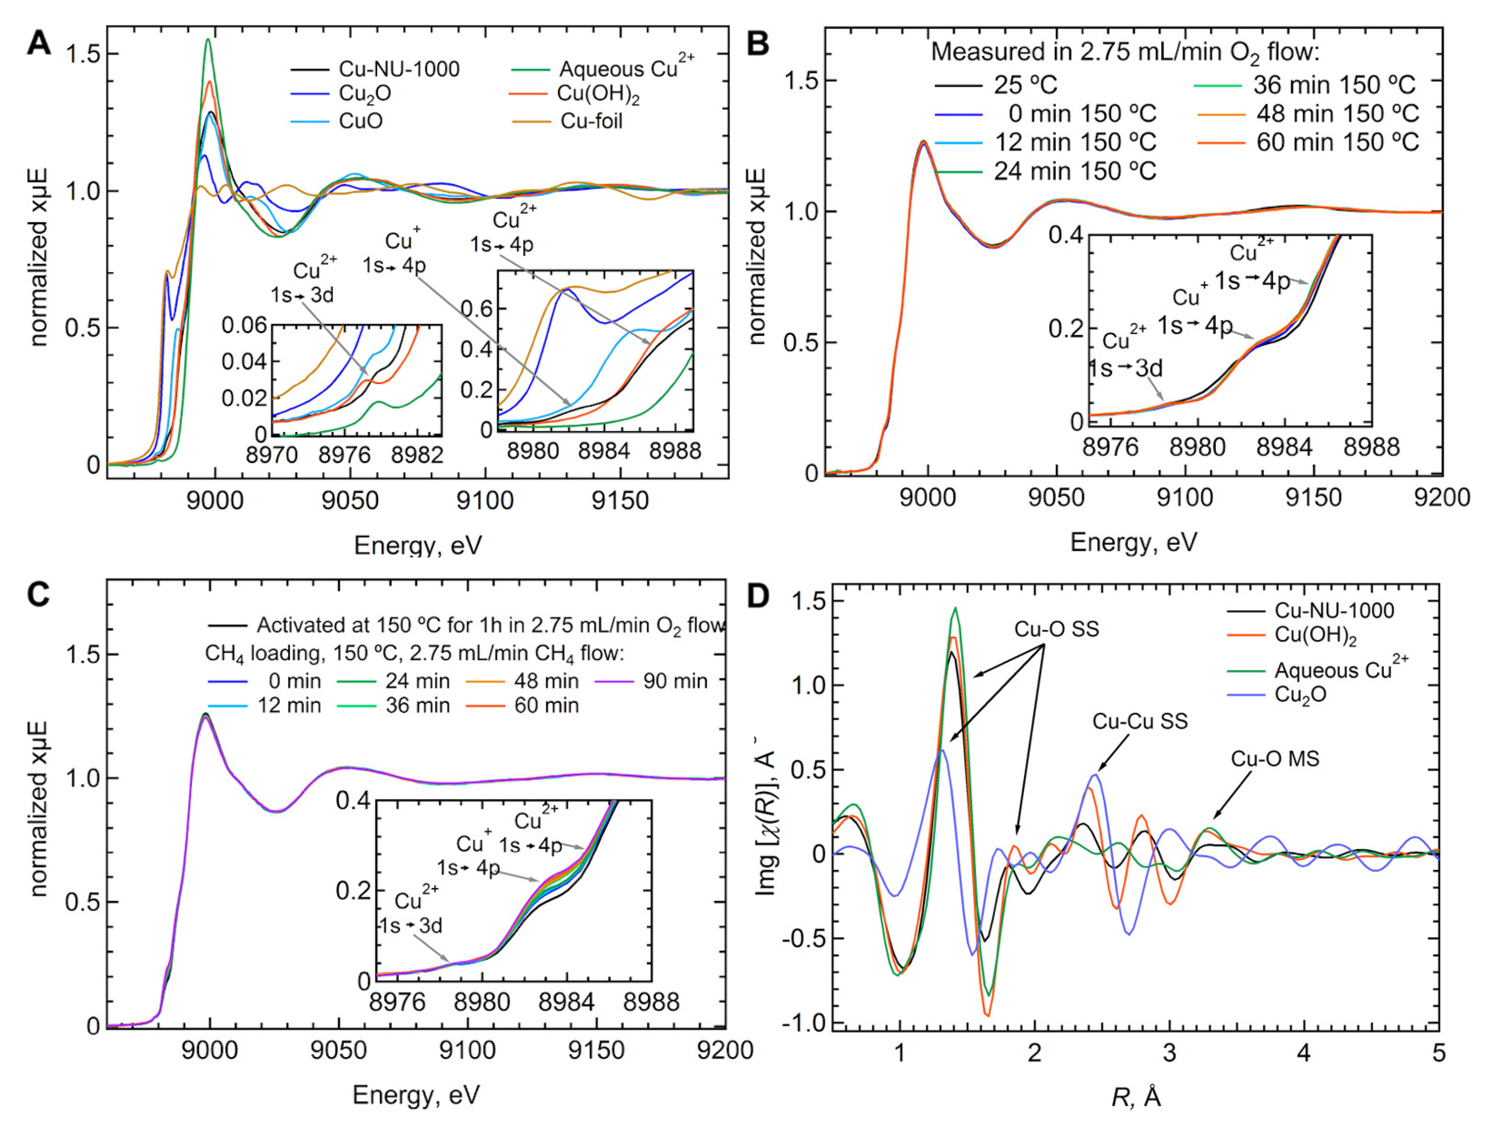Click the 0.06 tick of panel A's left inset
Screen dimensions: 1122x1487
(244, 325)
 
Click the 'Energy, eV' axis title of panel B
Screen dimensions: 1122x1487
(1133, 542)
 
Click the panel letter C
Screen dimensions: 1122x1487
(39, 594)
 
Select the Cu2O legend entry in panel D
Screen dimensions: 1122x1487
(1300, 694)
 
